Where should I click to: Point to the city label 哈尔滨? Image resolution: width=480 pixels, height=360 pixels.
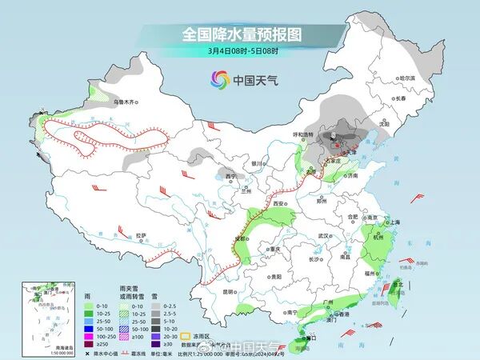(407, 78)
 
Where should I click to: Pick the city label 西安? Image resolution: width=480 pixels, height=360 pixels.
(280, 203)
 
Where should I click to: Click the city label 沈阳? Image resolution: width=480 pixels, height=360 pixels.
(384, 124)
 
